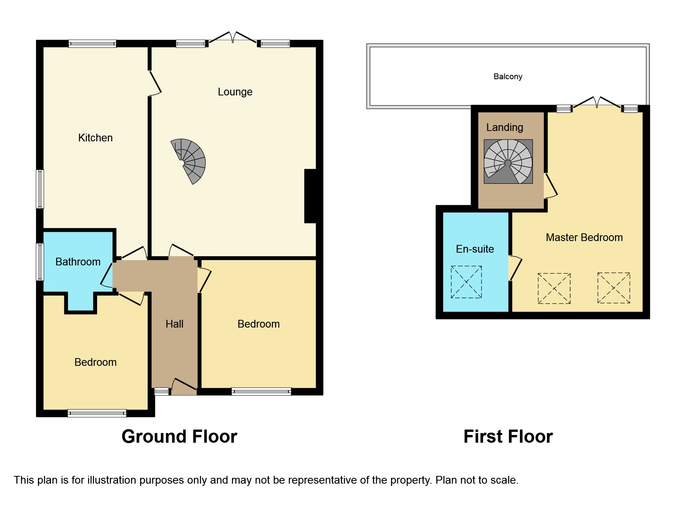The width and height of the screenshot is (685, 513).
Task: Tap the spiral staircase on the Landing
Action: tap(508, 161)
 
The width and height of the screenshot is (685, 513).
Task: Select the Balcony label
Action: tap(507, 76)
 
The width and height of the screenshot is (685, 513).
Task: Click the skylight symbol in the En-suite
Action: tap(466, 282)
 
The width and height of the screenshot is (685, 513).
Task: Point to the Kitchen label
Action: tap(95, 138)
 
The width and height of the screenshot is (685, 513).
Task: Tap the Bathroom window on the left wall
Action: tap(40, 262)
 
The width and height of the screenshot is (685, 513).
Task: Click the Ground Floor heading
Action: tap(179, 437)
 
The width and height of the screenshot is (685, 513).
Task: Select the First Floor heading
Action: tap(508, 437)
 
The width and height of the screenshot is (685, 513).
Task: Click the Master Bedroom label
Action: tap(584, 238)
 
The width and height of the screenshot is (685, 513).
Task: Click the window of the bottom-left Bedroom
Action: tap(97, 413)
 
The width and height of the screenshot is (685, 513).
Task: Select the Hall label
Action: tap(174, 324)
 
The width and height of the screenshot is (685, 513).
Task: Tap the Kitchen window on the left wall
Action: tap(40, 189)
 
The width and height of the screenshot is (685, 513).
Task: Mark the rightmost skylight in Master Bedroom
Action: tap(613, 288)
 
